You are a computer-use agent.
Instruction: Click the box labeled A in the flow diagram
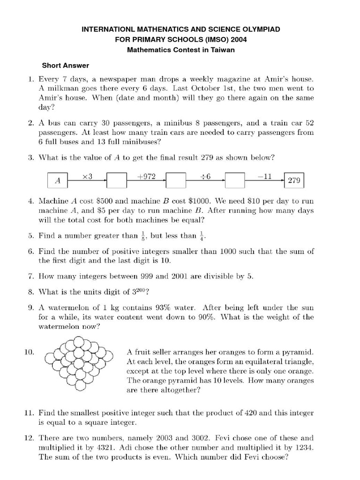(x=58, y=180)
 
